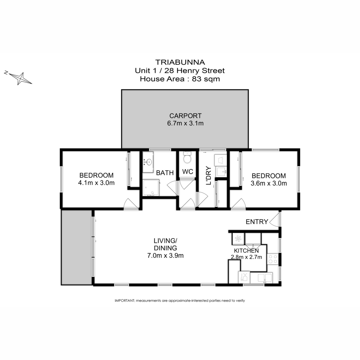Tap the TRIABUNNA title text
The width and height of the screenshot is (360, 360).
click(180, 62)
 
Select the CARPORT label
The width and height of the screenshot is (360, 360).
click(185, 116)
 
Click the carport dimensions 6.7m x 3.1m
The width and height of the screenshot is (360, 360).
click(185, 123)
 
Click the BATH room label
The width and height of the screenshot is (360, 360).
click(165, 173)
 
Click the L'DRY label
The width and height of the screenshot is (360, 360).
click(209, 175)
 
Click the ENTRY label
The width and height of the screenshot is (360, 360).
click(257, 222)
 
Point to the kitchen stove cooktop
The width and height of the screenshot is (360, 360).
click(273, 259)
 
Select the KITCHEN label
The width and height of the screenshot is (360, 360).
click(246, 251)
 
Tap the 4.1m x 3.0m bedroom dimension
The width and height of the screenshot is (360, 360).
click(96, 183)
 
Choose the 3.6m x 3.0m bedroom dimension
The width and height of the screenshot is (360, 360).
click(269, 183)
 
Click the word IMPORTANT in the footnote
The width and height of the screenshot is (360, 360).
click(125, 300)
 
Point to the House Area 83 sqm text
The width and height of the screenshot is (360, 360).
click(180, 79)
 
